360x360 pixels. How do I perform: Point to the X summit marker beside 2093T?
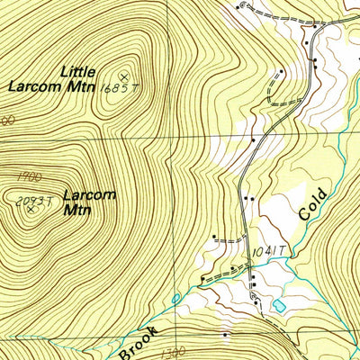coord(31,209)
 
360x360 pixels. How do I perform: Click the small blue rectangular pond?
coord(279,306)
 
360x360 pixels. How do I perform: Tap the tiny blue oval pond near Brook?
coord(175,297)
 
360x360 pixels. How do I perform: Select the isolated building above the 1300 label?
coord(225,335)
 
